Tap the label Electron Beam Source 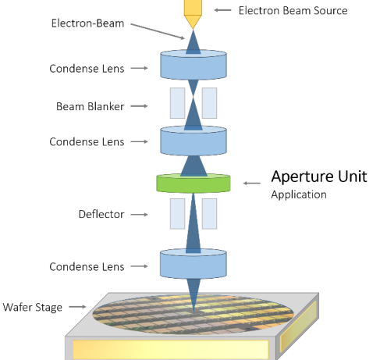click(293, 11)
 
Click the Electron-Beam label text click(87, 23)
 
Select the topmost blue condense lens click(194, 65)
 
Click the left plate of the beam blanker click(177, 103)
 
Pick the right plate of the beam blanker click(209, 103)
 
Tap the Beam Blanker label click(91, 106)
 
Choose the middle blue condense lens click(194, 141)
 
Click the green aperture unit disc click(194, 184)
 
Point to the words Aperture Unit click(319, 176)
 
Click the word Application click(299, 194)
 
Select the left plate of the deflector click(177, 214)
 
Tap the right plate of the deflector click(209, 214)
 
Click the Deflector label click(101, 214)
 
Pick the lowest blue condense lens click(194, 263)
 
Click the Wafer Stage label click(33, 307)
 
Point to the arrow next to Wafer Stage click(77, 307)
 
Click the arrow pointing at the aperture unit click(252, 184)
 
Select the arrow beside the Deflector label click(139, 215)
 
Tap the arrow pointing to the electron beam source click(222, 10)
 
